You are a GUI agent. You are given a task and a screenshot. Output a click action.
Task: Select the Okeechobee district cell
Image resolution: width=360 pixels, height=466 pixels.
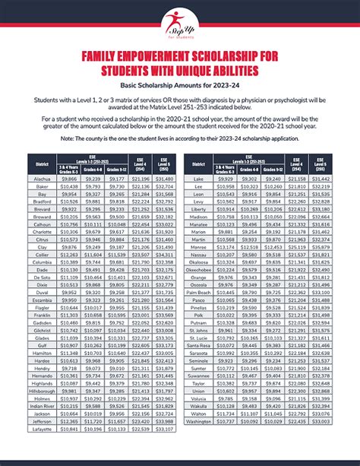pyautogui.click(x=201, y=269)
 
